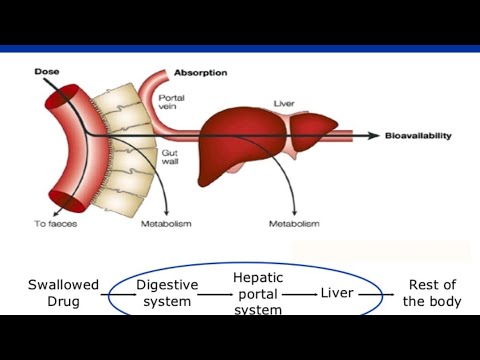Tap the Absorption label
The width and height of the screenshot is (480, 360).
201,73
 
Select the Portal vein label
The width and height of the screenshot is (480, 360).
171,102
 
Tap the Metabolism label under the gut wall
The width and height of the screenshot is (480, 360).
166,225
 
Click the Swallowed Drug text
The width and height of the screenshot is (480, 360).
63,293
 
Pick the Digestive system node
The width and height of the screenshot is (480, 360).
167,293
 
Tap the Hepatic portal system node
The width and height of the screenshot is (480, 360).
258,293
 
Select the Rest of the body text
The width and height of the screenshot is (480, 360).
432,293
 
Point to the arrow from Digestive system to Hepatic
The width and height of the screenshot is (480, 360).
215,294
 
